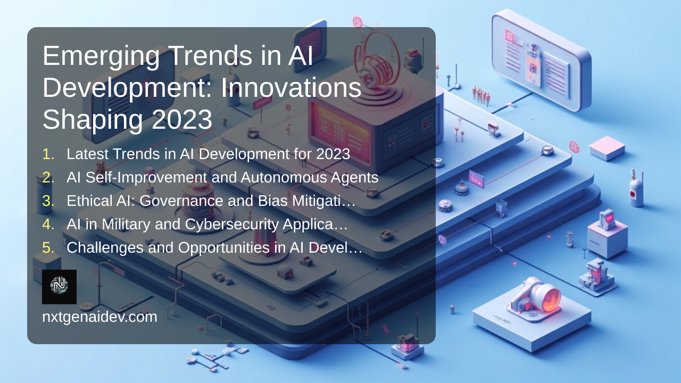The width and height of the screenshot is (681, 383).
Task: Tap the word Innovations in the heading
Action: (291, 88)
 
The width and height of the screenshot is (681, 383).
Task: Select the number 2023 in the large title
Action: (182, 119)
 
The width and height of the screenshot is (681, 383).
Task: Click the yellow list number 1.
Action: (48, 154)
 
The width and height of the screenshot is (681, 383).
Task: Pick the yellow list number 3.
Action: (48, 201)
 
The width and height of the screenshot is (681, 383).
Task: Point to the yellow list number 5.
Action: (48, 248)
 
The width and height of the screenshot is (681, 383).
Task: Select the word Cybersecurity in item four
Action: (232, 225)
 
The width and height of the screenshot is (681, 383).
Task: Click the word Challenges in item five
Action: (105, 248)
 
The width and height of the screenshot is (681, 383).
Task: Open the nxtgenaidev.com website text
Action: (99, 317)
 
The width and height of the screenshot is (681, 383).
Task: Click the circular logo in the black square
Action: (59, 286)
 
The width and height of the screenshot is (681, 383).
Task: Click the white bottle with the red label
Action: (635, 188)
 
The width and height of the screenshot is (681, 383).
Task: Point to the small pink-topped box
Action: (607, 148)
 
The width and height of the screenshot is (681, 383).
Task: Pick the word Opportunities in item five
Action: (224, 248)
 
